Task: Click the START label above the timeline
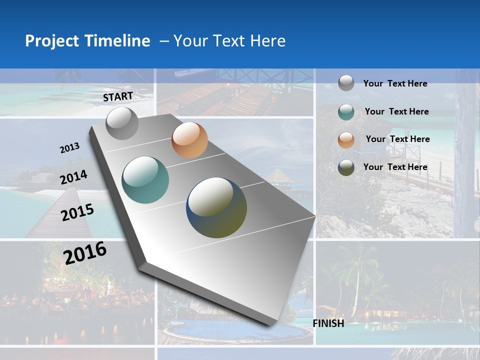pyautogui.click(x=118, y=96)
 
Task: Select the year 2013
pyautogui.click(x=70, y=148)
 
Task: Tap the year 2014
pyautogui.click(x=74, y=177)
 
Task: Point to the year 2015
pyautogui.click(x=77, y=212)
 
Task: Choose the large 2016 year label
pyautogui.click(x=85, y=252)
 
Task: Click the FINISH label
pyautogui.click(x=328, y=323)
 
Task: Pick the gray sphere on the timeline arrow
pyautogui.click(x=122, y=123)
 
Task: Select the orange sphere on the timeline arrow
pyautogui.click(x=189, y=140)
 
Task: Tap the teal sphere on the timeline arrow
pyautogui.click(x=145, y=180)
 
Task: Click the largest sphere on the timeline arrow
pyautogui.click(x=216, y=207)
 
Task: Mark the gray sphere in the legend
pyautogui.click(x=346, y=83)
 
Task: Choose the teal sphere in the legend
pyautogui.click(x=346, y=112)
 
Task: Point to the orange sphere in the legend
pyautogui.click(x=346, y=140)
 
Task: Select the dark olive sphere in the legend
pyautogui.click(x=346, y=167)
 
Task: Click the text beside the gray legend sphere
pyautogui.click(x=395, y=83)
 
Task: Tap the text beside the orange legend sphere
pyautogui.click(x=397, y=139)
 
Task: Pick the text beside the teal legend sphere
pyautogui.click(x=396, y=111)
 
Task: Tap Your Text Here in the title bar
pyautogui.click(x=229, y=41)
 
